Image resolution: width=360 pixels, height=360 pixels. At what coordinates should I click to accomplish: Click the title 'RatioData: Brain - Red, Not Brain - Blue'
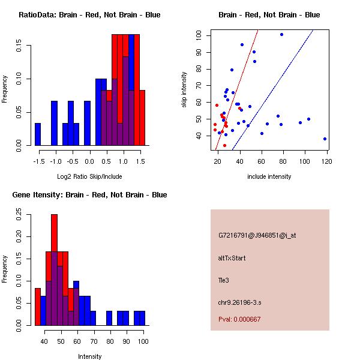[x=89, y=15]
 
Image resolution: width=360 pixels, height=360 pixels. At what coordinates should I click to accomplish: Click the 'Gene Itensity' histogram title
[x=89, y=195]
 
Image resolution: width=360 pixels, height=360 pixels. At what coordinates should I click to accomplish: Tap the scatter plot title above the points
[x=269, y=15]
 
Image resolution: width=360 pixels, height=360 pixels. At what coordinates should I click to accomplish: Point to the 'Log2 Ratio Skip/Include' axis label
[x=89, y=176]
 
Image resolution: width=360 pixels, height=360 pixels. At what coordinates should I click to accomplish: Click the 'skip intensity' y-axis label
[x=185, y=90]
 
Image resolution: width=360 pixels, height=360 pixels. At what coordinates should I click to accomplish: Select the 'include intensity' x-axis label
[x=269, y=176]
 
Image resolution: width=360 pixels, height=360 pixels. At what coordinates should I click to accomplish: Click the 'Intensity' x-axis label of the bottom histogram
[x=89, y=356]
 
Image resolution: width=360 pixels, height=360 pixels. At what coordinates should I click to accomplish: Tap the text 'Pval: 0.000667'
[x=239, y=319]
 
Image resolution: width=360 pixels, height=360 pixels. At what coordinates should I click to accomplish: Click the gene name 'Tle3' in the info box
[x=224, y=280]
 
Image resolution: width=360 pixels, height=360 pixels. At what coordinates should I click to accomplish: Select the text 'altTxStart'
[x=232, y=259]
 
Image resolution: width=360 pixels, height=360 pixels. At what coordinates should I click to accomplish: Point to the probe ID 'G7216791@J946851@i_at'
[x=257, y=235]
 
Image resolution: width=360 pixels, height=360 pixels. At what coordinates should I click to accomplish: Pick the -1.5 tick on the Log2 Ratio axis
[x=38, y=161]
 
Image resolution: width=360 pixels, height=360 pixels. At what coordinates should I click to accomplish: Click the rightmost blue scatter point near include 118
[x=325, y=139]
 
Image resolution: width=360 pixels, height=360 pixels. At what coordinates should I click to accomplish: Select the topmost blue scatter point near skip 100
[x=281, y=35]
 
